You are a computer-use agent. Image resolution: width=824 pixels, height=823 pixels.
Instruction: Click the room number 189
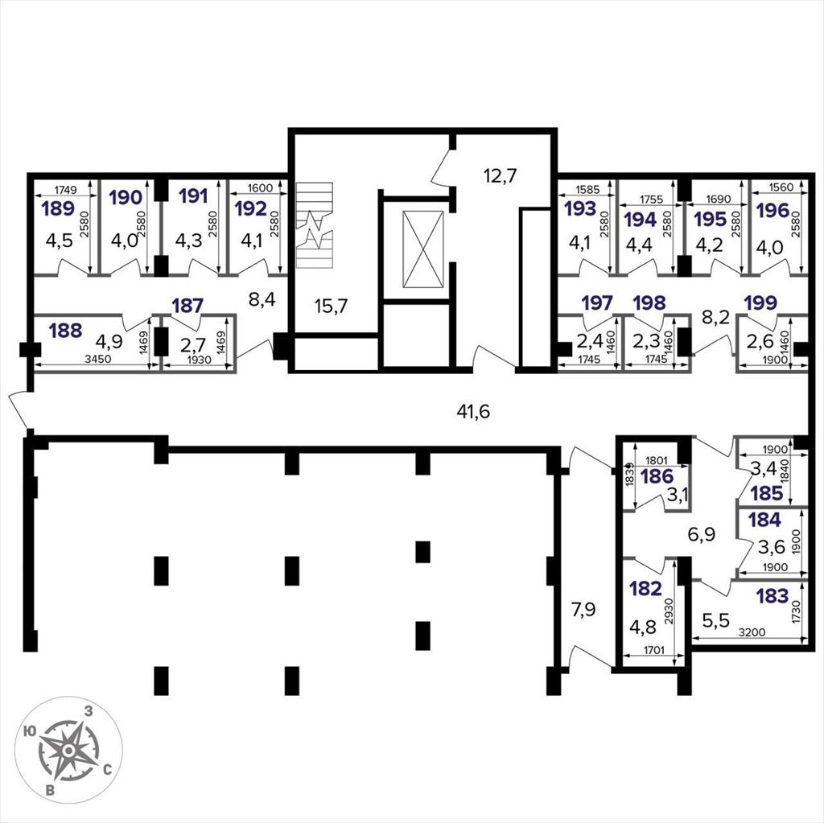tap(58, 208)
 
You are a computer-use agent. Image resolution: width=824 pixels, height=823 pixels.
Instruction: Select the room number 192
tap(251, 208)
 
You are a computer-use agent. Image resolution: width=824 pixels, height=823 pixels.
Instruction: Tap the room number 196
tap(773, 210)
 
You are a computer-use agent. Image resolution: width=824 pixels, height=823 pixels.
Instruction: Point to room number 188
tap(66, 330)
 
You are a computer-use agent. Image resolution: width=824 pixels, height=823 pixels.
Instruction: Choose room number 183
tap(772, 596)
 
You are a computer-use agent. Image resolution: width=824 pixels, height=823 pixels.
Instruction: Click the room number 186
tap(657, 476)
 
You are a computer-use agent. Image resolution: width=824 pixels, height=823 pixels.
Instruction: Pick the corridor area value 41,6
tap(473, 411)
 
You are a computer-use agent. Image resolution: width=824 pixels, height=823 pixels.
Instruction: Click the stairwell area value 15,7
tap(331, 306)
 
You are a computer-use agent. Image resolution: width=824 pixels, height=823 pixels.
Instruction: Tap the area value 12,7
tap(501, 175)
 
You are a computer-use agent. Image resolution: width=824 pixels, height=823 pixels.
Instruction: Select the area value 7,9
tap(584, 610)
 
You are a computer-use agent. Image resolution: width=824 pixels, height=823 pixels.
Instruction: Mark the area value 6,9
tap(702, 534)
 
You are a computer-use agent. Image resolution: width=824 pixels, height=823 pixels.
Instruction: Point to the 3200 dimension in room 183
tap(752, 632)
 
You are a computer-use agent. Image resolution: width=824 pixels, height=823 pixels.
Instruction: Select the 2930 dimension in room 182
tap(669, 611)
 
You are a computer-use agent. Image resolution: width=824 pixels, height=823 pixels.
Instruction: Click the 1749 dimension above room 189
tap(65, 190)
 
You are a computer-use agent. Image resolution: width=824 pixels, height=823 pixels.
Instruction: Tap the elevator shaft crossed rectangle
tap(423, 249)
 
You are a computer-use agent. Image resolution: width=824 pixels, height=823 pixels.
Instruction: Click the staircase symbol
tap(315, 225)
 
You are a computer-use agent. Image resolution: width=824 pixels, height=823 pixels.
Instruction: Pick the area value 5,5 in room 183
tap(716, 620)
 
